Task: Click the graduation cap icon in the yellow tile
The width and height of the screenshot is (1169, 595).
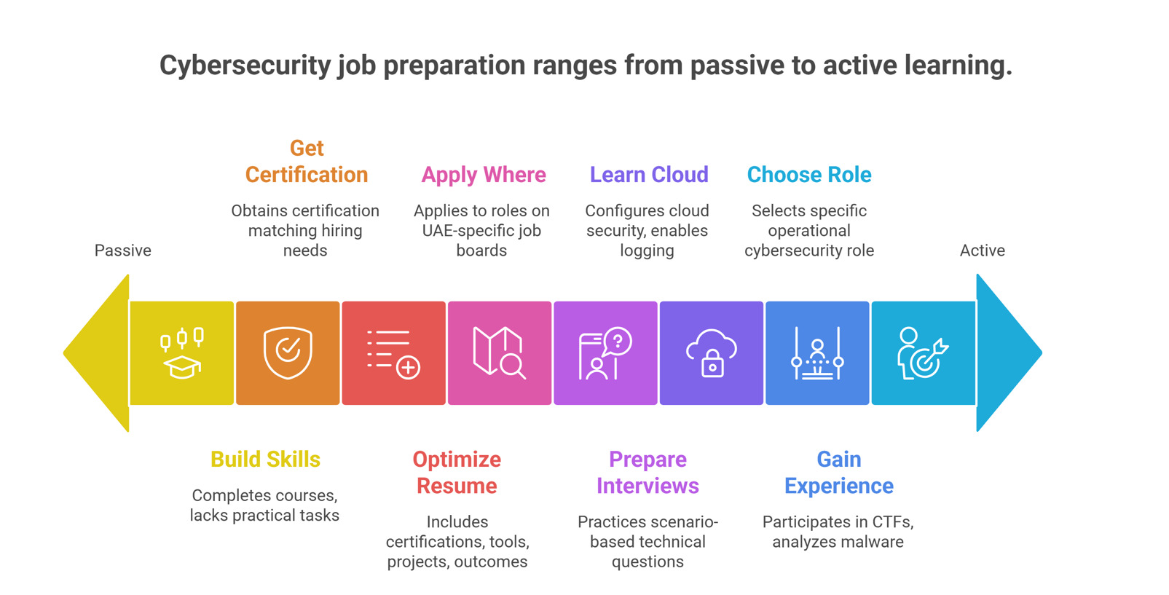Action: (x=182, y=354)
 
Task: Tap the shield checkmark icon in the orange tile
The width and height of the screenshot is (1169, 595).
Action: (x=288, y=353)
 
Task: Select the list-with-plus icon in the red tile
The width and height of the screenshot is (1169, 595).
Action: (x=393, y=354)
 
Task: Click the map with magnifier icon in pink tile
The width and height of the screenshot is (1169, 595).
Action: (x=499, y=353)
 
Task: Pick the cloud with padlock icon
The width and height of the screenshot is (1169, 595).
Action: (x=712, y=353)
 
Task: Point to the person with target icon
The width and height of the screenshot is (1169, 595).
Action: (x=923, y=353)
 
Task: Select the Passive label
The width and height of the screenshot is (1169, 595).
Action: (x=122, y=251)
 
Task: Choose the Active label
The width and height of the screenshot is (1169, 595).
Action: (x=982, y=251)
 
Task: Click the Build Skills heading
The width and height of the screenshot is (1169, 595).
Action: (x=265, y=460)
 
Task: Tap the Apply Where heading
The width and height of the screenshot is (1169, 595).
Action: (x=484, y=175)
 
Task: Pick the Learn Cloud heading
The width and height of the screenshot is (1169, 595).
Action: (x=649, y=175)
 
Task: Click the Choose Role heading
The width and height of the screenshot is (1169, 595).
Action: (x=809, y=175)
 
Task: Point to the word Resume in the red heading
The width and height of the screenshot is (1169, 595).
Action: (x=457, y=486)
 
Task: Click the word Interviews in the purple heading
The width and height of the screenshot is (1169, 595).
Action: (x=648, y=486)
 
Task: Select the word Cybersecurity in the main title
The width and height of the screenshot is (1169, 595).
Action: (x=245, y=66)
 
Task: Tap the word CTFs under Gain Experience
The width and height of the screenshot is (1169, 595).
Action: (x=892, y=522)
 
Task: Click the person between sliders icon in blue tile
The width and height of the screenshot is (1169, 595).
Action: (x=817, y=353)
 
